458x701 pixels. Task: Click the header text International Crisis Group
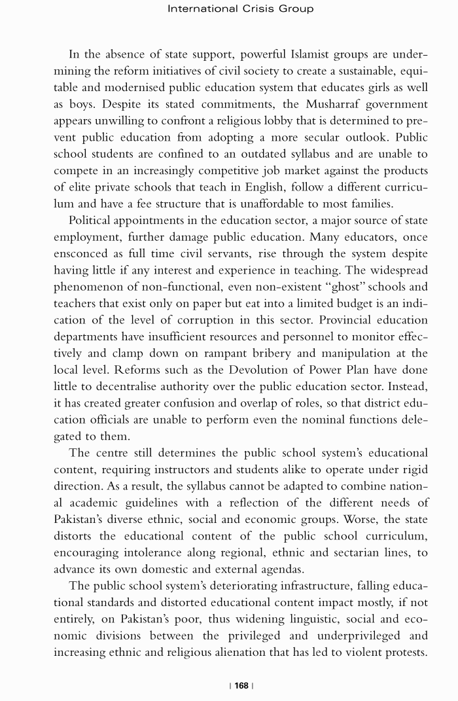[x=240, y=9]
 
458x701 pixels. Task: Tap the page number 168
[x=241, y=685]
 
